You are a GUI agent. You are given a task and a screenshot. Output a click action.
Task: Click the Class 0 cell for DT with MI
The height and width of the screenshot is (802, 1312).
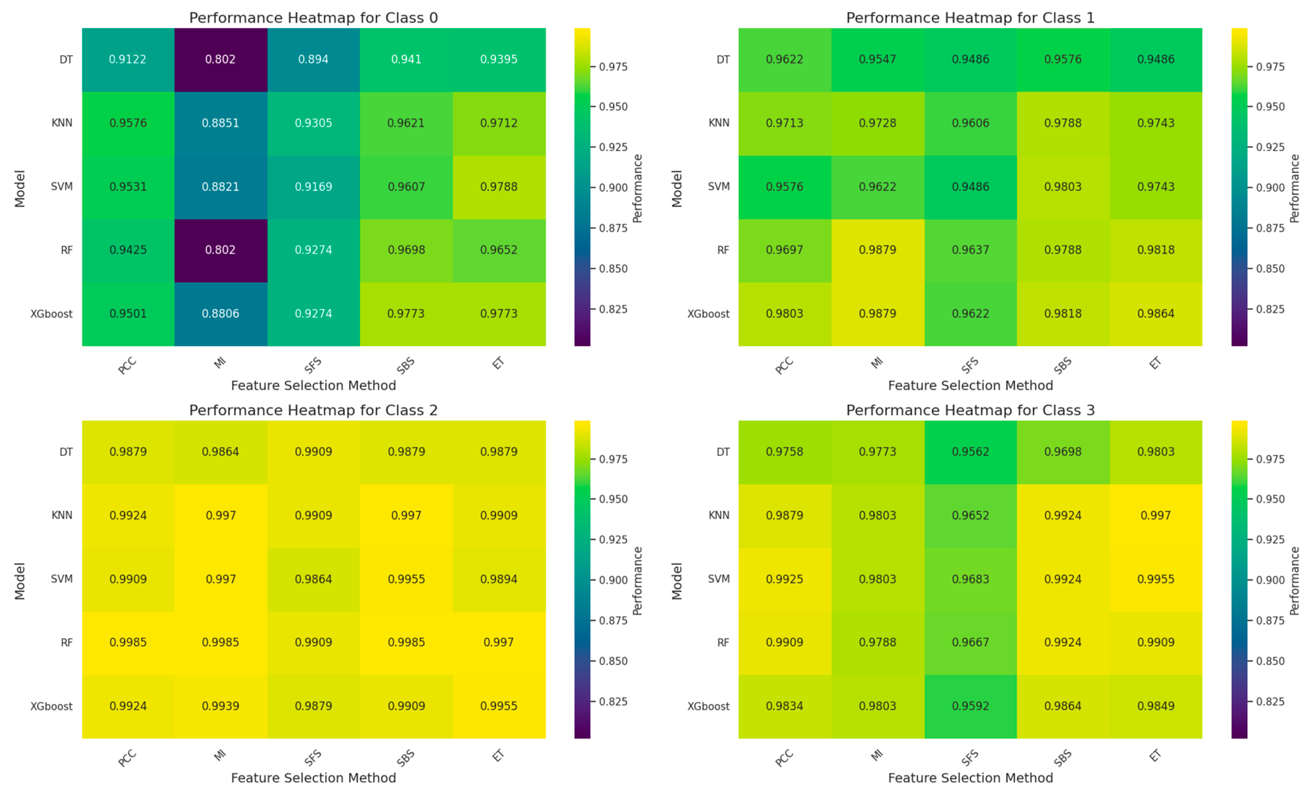[x=220, y=59]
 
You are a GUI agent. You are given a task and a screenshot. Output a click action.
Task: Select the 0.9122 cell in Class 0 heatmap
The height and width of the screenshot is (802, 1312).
[x=128, y=59]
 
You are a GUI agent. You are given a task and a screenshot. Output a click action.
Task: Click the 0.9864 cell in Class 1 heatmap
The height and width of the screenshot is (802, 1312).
[x=1155, y=314]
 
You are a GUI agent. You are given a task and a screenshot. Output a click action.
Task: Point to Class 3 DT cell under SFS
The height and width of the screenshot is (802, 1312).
[x=970, y=452]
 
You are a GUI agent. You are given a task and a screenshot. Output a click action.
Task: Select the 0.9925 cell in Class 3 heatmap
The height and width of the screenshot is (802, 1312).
[x=784, y=579]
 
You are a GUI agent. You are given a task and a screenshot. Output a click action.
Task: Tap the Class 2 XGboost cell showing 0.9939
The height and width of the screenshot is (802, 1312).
[x=220, y=706]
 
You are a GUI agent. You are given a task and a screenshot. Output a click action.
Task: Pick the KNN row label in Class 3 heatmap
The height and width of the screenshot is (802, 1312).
[x=719, y=515]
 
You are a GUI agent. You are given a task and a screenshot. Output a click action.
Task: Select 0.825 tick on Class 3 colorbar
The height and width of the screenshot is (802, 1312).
[x=1270, y=701]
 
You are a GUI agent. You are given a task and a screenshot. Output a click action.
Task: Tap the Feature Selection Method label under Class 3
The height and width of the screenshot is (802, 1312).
[x=970, y=778]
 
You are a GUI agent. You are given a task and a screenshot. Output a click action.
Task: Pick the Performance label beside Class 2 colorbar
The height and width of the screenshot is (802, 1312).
[x=637, y=581]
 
